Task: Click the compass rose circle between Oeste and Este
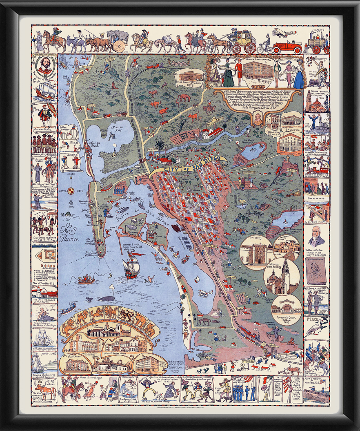[71, 190]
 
